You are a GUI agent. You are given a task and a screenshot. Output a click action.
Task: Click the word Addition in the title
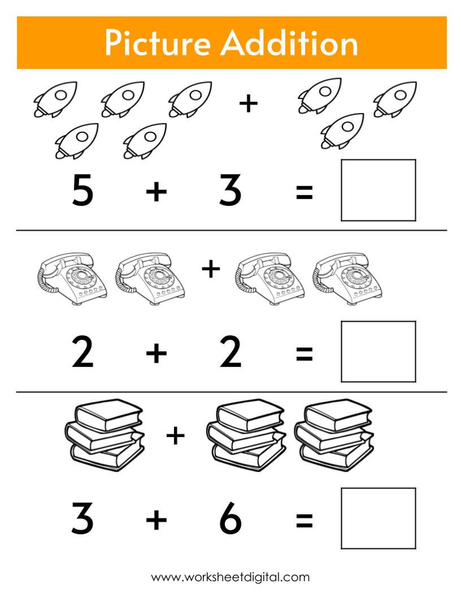pyautogui.click(x=290, y=43)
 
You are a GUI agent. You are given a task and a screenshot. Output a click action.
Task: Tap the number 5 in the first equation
pyautogui.click(x=83, y=190)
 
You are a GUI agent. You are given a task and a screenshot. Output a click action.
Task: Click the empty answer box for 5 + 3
pyautogui.click(x=378, y=190)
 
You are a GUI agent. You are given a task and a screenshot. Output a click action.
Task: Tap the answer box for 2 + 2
pyautogui.click(x=378, y=352)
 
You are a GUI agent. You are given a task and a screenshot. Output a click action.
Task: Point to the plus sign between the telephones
pyautogui.click(x=211, y=269)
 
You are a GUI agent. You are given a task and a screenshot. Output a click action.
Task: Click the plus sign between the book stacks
pyautogui.click(x=175, y=435)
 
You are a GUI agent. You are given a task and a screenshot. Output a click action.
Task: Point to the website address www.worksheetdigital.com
pyautogui.click(x=230, y=577)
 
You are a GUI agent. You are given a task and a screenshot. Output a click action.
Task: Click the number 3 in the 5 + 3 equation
pyautogui.click(x=230, y=190)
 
